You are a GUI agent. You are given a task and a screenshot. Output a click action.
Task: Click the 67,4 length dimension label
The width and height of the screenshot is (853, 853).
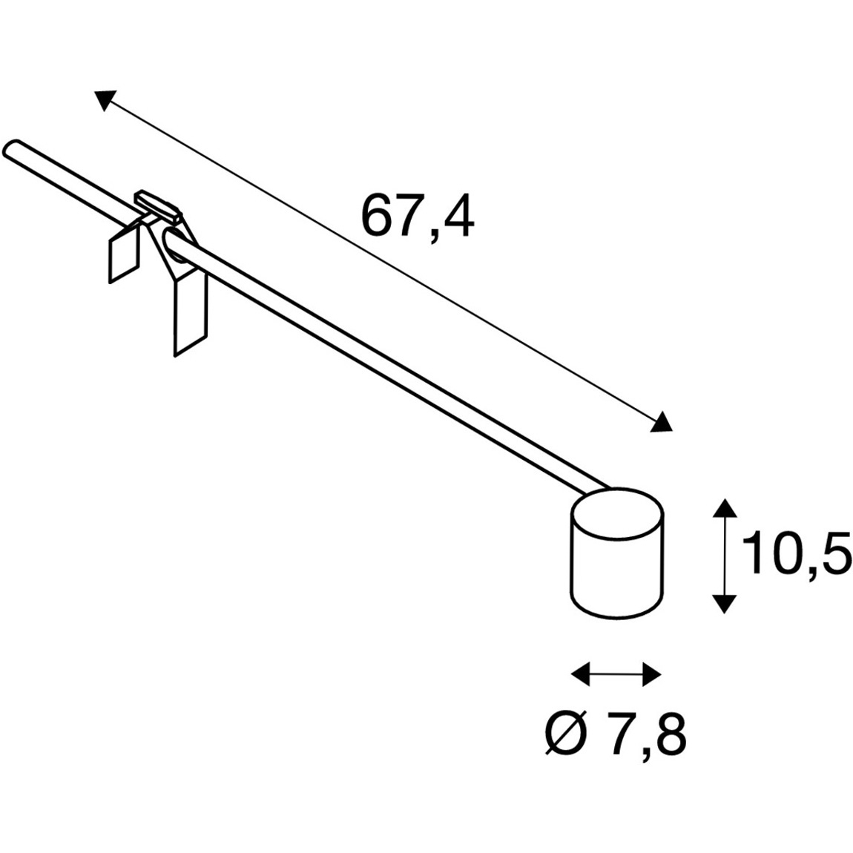pos(418,217)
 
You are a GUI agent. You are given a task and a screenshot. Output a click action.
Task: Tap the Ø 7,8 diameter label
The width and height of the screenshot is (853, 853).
pos(615,734)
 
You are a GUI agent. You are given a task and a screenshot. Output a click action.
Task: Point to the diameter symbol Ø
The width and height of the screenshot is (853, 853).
pos(566,734)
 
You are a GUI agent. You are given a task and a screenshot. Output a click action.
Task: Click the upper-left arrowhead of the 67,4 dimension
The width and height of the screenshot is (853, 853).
pos(105,99)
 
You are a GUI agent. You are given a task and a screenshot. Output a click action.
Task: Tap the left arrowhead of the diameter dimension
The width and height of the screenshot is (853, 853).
pos(580,674)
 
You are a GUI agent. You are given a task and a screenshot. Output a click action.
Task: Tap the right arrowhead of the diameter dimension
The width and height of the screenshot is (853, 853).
pos(652,674)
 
